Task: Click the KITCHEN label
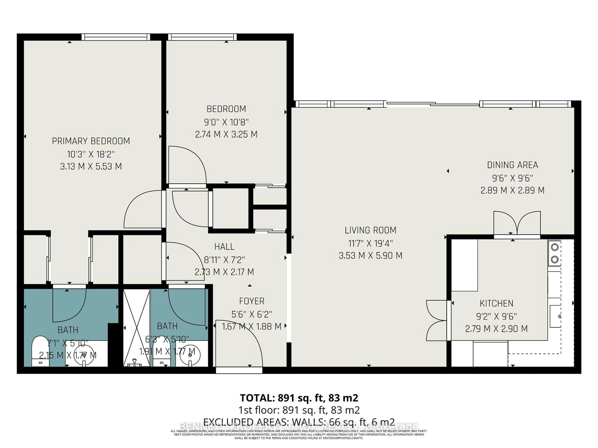496,303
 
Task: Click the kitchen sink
555,316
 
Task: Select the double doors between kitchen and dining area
517,224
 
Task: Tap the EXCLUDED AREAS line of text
299,422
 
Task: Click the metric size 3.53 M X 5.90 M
370,255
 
